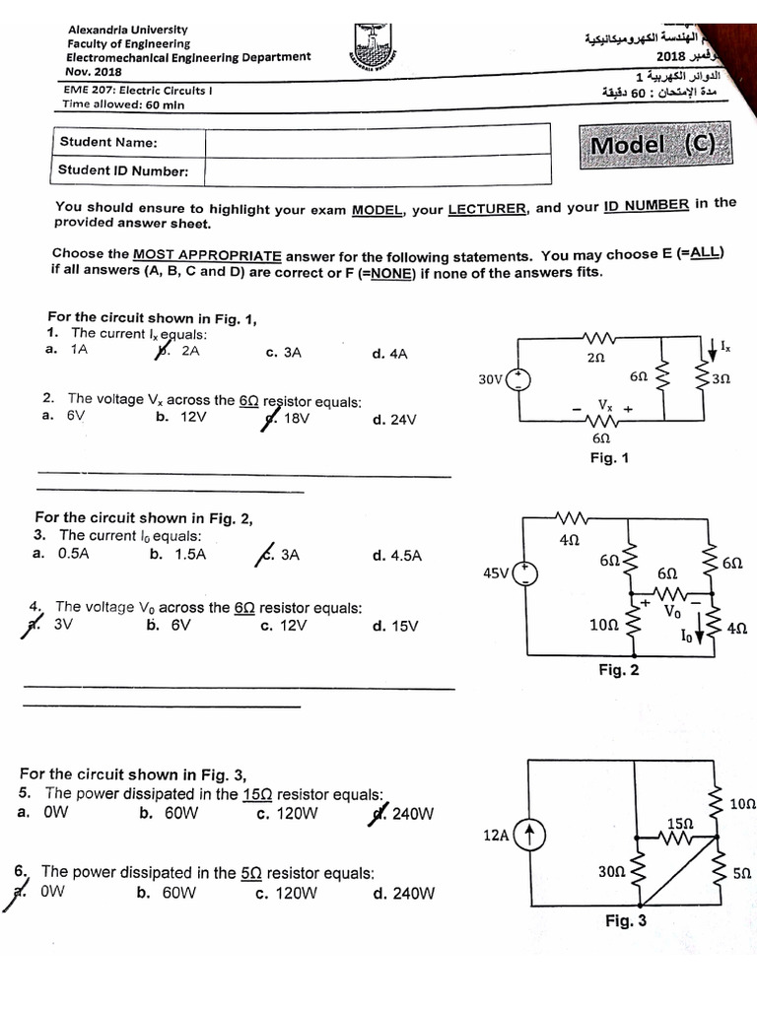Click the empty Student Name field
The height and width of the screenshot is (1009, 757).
378,142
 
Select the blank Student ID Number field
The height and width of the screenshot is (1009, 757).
378,170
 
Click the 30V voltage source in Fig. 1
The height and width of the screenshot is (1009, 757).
518,379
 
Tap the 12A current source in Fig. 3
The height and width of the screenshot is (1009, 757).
529,836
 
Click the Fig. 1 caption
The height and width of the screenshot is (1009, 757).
608,458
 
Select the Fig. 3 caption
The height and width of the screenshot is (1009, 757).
626,921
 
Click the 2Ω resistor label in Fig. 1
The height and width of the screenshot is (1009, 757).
595,361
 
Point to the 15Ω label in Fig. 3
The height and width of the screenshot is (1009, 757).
680,822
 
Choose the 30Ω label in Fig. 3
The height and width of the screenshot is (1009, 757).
610,872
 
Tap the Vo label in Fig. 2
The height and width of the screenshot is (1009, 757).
673,611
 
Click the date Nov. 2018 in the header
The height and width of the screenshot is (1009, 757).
94,71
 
